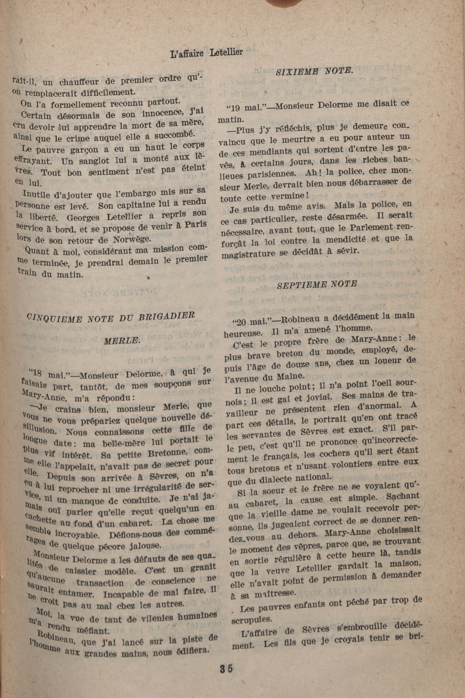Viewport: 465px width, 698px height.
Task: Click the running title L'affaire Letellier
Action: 207,53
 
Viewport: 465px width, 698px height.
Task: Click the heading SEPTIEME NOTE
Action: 317,284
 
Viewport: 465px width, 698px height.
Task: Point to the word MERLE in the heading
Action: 121,341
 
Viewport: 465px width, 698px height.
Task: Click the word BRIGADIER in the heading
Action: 167,316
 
